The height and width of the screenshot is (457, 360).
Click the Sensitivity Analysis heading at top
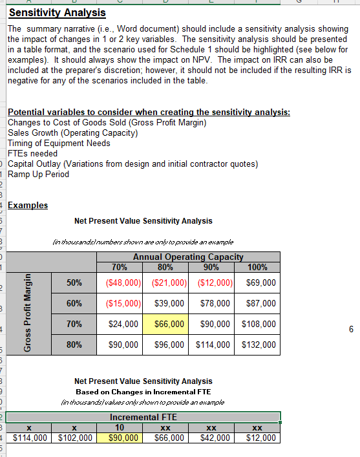58,12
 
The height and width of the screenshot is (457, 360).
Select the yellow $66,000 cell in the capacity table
168,323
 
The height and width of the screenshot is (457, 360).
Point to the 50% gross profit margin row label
74,282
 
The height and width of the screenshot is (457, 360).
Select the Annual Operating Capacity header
187,257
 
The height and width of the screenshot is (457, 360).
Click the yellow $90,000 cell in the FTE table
120,438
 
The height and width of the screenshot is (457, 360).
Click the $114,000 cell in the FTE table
29,438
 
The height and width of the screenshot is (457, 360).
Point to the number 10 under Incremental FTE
120,427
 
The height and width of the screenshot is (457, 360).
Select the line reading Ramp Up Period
38,174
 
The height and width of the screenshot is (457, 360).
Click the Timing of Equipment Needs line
59,143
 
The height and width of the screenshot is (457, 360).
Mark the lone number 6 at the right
351,329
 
